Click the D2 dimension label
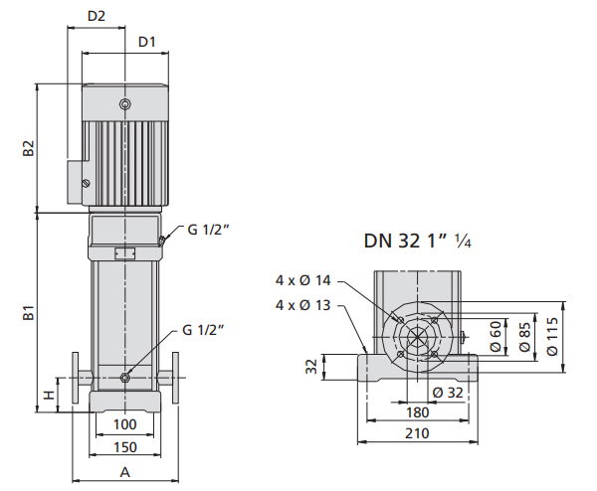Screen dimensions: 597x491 (96, 16)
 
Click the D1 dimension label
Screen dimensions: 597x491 (146, 42)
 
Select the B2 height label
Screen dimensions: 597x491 (29, 148)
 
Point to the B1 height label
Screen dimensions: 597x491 (29, 312)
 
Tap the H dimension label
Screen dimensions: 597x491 (49, 396)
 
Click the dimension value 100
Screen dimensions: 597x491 (125, 424)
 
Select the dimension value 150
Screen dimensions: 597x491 (125, 447)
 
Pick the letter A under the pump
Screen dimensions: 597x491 (125, 472)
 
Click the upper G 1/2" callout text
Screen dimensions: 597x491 (209, 230)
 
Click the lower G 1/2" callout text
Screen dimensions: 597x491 (203, 330)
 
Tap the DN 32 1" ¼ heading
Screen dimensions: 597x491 (418, 241)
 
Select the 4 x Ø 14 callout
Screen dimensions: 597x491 (303, 280)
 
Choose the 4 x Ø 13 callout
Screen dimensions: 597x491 (303, 305)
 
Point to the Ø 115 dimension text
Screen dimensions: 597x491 (552, 336)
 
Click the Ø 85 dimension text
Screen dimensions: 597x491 (524, 337)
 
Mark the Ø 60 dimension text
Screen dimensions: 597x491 (496, 337)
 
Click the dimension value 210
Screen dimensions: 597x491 (417, 433)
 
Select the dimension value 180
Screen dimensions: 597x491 (418, 412)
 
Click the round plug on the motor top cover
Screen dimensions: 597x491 (124, 104)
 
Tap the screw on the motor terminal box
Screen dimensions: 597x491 (86, 183)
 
